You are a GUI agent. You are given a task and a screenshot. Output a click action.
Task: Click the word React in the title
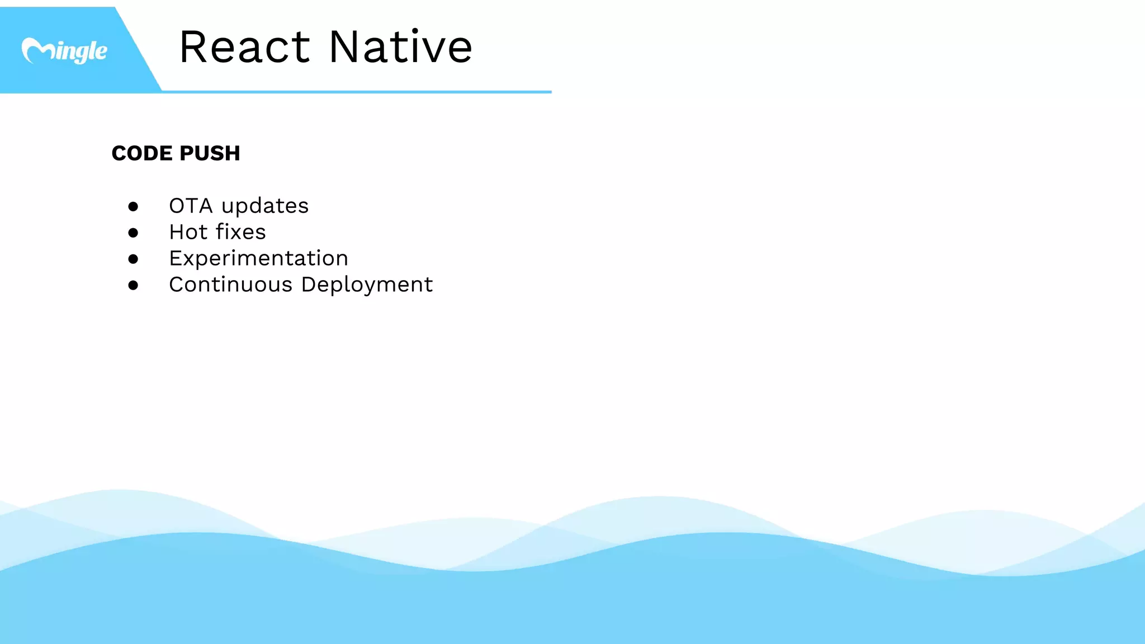pyautogui.click(x=244, y=47)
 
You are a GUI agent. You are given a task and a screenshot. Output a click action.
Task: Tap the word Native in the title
pyautogui.click(x=400, y=47)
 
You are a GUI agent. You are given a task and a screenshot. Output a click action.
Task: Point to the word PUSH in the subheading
pyautogui.click(x=210, y=153)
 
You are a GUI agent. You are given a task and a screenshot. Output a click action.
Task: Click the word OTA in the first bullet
pyautogui.click(x=191, y=206)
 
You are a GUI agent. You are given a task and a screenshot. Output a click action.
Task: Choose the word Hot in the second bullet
pyautogui.click(x=188, y=232)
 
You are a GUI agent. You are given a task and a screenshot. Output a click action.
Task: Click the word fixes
pyautogui.click(x=241, y=232)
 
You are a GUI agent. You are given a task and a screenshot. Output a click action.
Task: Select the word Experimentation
pyautogui.click(x=258, y=258)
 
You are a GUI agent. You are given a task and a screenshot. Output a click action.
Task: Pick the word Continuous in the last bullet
pyautogui.click(x=230, y=285)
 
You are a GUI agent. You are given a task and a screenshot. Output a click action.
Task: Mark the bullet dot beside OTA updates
pyautogui.click(x=133, y=207)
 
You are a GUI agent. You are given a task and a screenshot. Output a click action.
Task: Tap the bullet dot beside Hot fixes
pyautogui.click(x=133, y=233)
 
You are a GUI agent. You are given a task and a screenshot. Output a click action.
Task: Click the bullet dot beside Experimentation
pyautogui.click(x=133, y=259)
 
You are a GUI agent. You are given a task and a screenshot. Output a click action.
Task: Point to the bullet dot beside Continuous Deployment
pyautogui.click(x=133, y=285)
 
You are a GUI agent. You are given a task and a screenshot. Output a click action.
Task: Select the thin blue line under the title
pyautogui.click(x=358, y=91)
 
